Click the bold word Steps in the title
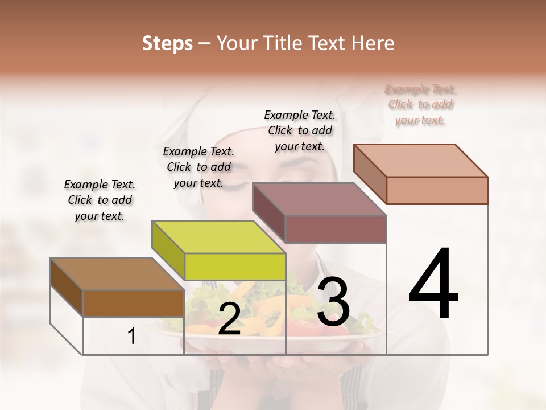167,43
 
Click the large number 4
433,285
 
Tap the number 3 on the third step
333,302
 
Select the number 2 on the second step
229,319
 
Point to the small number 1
131,337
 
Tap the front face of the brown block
133,304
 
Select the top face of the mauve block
320,199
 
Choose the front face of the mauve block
336,229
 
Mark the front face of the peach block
437,190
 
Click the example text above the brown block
100,200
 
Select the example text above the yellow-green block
198,167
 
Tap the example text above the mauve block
300,130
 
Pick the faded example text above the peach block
420,104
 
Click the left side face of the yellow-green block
168,251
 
